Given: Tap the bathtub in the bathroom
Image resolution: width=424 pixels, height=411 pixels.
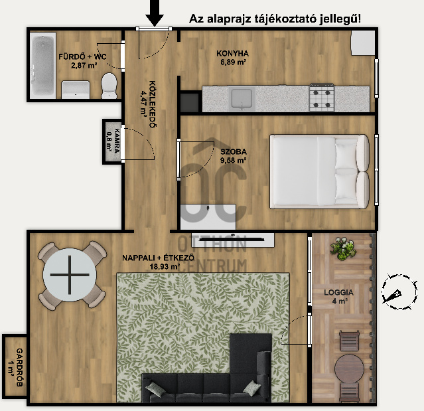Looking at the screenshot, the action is (x=42, y=66).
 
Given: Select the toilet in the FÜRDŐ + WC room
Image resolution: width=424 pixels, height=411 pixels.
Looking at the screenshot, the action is (x=109, y=86).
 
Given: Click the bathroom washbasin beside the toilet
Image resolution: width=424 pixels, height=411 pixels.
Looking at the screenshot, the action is (x=76, y=90).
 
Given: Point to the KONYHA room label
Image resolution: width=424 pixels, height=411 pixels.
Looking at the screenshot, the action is (x=232, y=53).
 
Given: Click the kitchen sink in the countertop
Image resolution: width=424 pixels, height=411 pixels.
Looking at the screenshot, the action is (x=242, y=98).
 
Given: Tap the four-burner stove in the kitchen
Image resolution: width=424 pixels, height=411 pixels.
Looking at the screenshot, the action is (x=322, y=98).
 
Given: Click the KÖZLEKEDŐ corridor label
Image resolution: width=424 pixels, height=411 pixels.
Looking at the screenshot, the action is (x=153, y=104).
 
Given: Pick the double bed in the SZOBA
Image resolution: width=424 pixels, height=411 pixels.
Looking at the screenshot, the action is (x=319, y=171).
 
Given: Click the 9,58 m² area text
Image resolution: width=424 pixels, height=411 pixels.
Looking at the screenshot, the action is (x=233, y=161).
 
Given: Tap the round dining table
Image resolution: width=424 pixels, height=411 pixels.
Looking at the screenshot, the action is (x=70, y=275).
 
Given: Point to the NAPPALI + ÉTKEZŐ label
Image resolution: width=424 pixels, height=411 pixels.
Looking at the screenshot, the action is (x=158, y=258).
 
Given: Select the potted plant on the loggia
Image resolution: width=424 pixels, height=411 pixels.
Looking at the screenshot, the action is (x=342, y=248).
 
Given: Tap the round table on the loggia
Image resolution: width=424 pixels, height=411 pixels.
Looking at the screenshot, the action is (x=350, y=369).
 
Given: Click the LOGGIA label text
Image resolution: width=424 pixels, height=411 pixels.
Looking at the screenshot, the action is (x=338, y=293).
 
